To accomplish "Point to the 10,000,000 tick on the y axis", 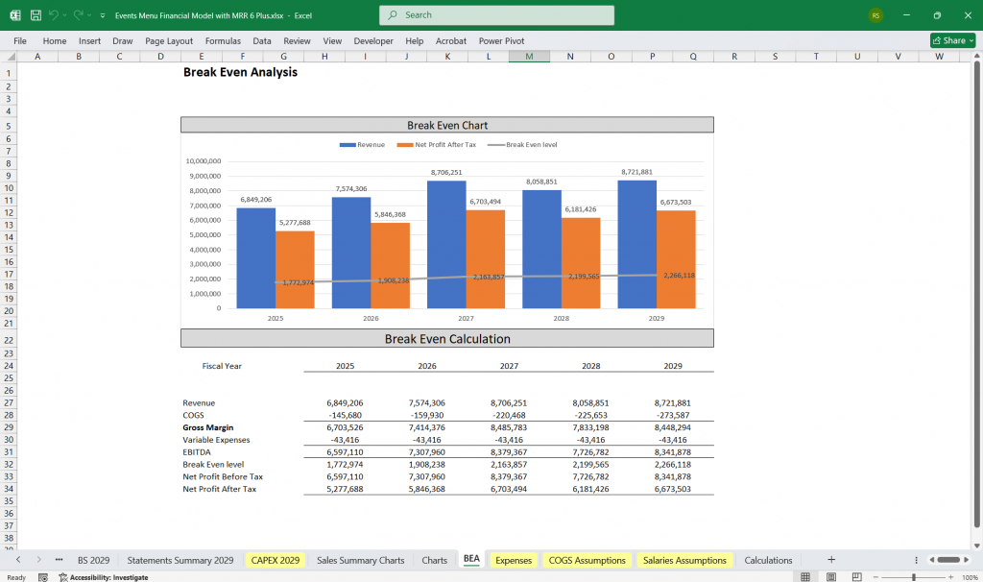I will click(204, 161).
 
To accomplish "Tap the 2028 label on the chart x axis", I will click(561, 318).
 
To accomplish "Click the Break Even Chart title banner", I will click(447, 125).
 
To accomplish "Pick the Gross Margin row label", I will click(208, 427).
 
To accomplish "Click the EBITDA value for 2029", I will click(671, 452).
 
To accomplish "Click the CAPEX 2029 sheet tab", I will click(275, 560).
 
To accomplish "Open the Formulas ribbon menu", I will click(223, 41).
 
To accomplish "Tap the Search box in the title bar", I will click(496, 15).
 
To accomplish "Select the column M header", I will click(529, 57).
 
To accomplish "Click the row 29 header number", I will click(9, 427).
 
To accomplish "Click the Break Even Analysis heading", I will click(240, 72).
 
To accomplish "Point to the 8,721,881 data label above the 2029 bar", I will click(636, 172).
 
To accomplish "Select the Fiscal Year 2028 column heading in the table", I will click(590, 366).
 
